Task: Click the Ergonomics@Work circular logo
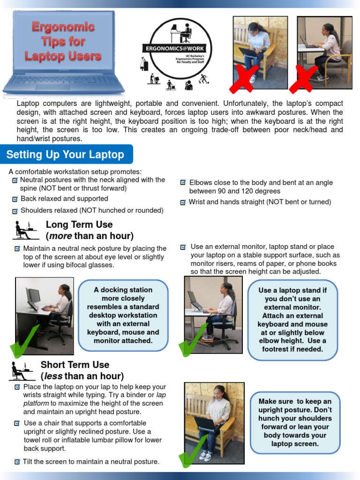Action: [x=177, y=49]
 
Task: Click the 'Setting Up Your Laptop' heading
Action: [x=66, y=155]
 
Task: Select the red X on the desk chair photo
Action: [x=302, y=79]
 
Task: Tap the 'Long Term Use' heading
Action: [x=79, y=225]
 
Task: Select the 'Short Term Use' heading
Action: [x=75, y=365]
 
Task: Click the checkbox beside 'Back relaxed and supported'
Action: [x=15, y=199]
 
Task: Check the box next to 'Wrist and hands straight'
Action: [x=183, y=202]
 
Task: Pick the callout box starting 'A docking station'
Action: [x=123, y=315]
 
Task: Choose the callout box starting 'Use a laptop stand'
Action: [x=292, y=320]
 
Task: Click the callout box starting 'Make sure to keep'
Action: [x=295, y=423]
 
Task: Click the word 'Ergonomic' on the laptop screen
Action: [x=63, y=27]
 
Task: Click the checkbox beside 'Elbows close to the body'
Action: [x=183, y=183]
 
